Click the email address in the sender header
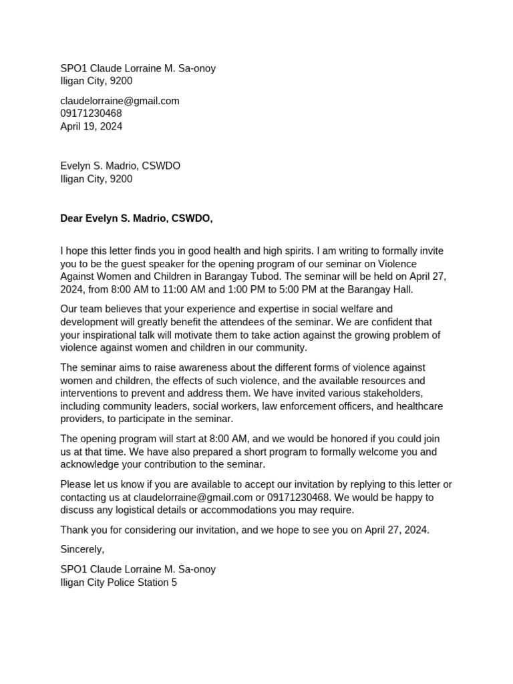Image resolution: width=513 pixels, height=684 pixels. click(120, 101)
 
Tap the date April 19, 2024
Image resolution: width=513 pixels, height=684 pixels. click(91, 126)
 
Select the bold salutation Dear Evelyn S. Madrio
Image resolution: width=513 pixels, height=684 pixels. click(136, 218)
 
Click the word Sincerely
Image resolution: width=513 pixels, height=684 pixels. click(82, 549)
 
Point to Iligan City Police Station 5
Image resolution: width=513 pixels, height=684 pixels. click(118, 582)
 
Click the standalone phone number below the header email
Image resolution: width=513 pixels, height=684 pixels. click(91, 114)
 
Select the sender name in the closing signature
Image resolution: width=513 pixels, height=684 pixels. click(138, 569)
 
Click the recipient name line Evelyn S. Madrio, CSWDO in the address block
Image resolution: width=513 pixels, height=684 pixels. click(120, 166)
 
